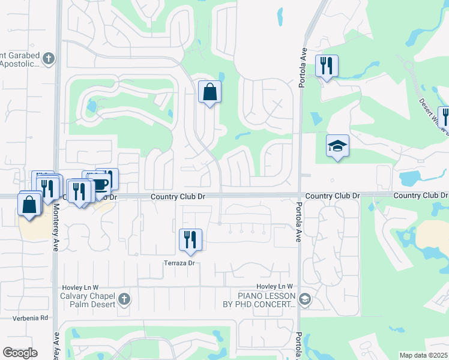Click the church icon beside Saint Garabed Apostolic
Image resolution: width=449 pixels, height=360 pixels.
tap(49, 59)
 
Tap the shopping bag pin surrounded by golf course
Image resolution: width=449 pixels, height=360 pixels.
tap(209, 92)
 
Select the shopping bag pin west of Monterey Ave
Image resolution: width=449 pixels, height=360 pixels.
tap(29, 205)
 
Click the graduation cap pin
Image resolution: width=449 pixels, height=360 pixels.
tap(338, 146)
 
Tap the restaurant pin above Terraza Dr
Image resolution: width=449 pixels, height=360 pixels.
tap(190, 240)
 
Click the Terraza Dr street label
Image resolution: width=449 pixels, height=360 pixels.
tap(180, 263)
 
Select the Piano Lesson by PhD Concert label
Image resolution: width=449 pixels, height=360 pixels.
tap(267, 300)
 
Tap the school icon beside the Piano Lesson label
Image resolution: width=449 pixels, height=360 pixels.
tap(305, 299)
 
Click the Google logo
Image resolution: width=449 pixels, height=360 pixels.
tap(20, 353)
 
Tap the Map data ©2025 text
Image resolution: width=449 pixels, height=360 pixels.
tap(423, 355)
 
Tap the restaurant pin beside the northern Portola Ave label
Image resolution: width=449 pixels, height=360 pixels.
tap(327, 65)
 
